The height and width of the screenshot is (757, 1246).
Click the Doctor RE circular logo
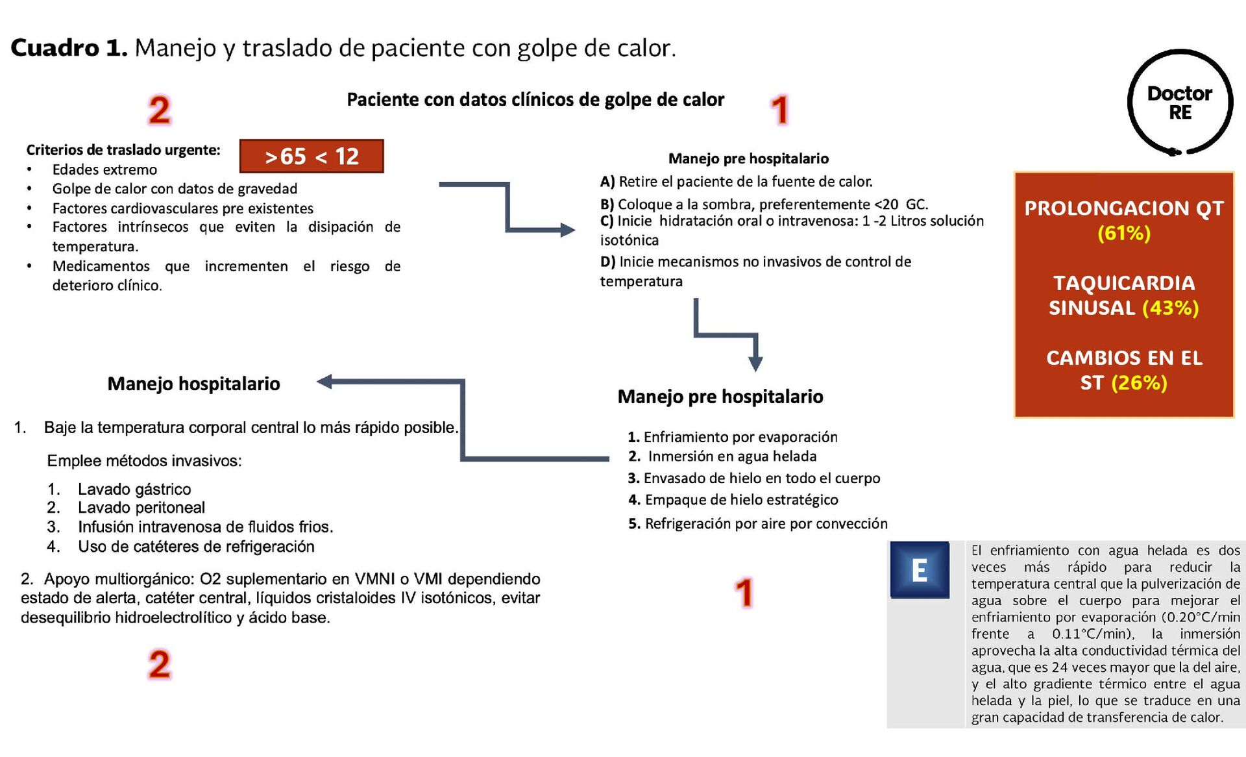tap(1179, 103)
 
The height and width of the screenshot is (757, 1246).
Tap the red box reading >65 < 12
tap(311, 156)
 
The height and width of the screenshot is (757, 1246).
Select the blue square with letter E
tap(919, 569)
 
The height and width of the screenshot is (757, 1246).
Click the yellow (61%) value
tap(1123, 233)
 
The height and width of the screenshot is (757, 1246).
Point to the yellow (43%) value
tap(1170, 308)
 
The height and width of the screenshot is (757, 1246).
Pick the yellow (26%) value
tap(1139, 383)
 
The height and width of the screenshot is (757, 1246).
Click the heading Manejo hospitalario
tap(193, 384)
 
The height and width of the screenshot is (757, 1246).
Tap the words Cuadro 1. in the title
tap(69, 48)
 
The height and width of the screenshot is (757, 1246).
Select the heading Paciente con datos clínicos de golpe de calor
tap(535, 99)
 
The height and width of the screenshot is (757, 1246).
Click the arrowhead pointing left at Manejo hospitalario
tap(325, 382)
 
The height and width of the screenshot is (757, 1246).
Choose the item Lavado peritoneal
tap(141, 508)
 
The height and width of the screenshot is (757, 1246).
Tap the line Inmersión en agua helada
tap(732, 456)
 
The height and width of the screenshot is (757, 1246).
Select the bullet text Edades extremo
tap(104, 169)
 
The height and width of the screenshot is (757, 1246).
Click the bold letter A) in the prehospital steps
tap(607, 182)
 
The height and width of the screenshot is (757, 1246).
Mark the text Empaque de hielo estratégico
tap(741, 500)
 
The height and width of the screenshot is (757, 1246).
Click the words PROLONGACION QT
tap(1123, 208)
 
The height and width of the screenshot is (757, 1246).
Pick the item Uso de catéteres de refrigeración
tap(196, 547)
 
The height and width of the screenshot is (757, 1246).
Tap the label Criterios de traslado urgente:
tap(123, 150)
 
